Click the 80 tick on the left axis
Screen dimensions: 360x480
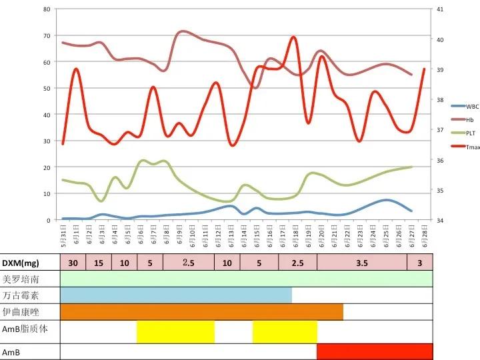click(x=46, y=9)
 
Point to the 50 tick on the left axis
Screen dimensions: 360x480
click(x=46, y=88)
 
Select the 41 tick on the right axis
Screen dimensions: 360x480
click(x=439, y=9)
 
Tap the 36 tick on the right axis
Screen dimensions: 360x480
click(x=439, y=160)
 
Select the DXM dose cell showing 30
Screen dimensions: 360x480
click(x=73, y=263)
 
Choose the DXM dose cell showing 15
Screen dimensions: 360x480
click(x=98, y=263)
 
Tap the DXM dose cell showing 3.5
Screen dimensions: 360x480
click(x=362, y=263)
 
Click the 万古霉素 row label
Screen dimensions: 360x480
click(x=21, y=295)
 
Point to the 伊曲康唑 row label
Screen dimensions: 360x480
click(x=21, y=312)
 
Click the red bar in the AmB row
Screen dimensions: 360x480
click(x=375, y=351)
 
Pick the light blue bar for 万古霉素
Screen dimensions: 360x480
click(x=176, y=295)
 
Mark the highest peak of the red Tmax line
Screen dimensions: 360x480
click(x=293, y=37)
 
